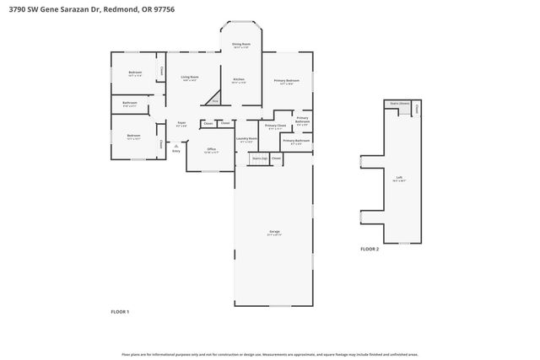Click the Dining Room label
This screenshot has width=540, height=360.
pyautogui.click(x=241, y=45)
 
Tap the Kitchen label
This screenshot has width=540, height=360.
pyautogui.click(x=239, y=80)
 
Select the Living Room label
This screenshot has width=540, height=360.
pyautogui.click(x=190, y=78)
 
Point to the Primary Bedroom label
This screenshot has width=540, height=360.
pyautogui.click(x=286, y=81)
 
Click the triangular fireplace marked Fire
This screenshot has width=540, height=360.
pyautogui.click(x=215, y=100)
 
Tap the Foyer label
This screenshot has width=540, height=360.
pyautogui.click(x=181, y=123)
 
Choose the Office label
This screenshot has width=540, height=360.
pyautogui.click(x=212, y=150)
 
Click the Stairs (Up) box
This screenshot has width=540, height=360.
pyautogui.click(x=260, y=158)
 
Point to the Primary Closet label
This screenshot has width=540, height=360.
pyautogui.click(x=275, y=126)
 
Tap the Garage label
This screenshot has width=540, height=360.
pyautogui.click(x=274, y=232)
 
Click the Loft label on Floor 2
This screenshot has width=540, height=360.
pyautogui.click(x=399, y=178)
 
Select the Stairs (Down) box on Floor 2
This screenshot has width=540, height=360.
pyautogui.click(x=399, y=105)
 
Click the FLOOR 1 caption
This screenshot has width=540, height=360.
pyautogui.click(x=120, y=311)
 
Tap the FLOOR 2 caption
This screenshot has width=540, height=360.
pyautogui.click(x=370, y=250)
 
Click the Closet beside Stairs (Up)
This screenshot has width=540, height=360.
pyautogui.click(x=276, y=158)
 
